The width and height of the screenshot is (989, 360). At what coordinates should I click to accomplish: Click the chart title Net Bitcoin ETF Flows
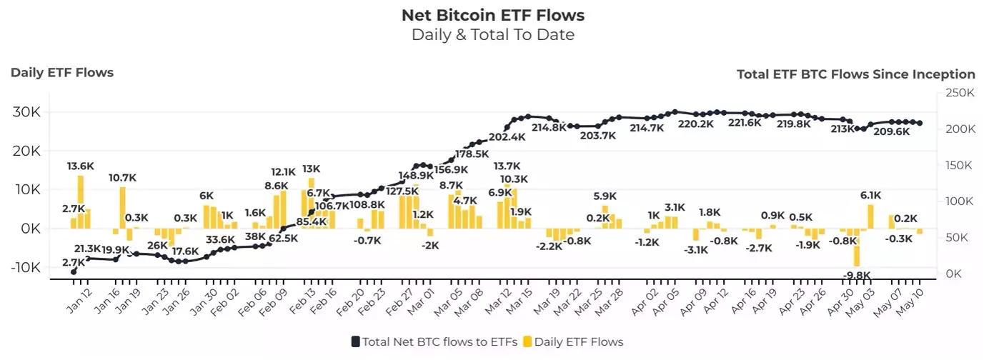point(493,14)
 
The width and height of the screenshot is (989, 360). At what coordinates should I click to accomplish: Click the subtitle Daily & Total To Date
point(493,34)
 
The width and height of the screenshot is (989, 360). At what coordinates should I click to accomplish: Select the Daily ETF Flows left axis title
point(62,72)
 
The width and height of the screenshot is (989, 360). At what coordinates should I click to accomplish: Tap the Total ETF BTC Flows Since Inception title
point(855,74)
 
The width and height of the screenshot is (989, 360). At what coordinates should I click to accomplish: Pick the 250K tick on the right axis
point(960,93)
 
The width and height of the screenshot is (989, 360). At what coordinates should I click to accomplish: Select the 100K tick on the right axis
point(960,201)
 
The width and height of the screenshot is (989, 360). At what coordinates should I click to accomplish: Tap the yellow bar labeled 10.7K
point(123,207)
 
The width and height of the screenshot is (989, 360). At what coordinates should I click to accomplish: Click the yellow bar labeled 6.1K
point(870,216)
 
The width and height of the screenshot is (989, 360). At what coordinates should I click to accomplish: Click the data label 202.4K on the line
point(507,137)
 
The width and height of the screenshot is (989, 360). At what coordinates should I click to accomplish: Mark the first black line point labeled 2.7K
point(74,271)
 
